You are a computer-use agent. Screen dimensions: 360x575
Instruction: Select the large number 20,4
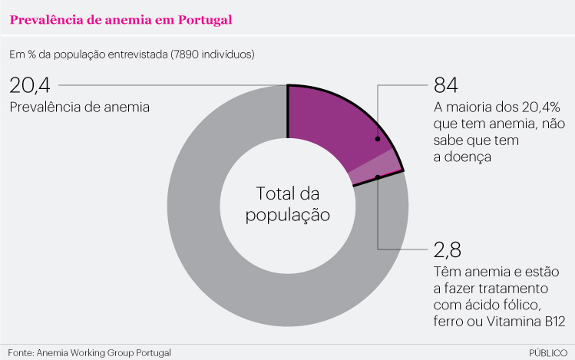coord(29,84)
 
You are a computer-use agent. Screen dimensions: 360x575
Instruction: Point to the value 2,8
coord(449,250)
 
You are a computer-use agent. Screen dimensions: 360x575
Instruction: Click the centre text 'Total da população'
coord(287,203)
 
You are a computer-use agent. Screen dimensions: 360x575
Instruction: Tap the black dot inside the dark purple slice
coord(377,139)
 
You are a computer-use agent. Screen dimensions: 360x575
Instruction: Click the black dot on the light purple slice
coord(378,177)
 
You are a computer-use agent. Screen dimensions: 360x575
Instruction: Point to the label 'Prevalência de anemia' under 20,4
coord(79,107)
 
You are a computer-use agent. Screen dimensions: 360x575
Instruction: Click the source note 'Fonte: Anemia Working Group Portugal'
coord(89,352)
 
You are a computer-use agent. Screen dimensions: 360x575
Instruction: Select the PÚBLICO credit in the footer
coord(548,352)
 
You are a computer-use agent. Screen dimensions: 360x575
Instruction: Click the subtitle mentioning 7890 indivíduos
coord(131,54)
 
